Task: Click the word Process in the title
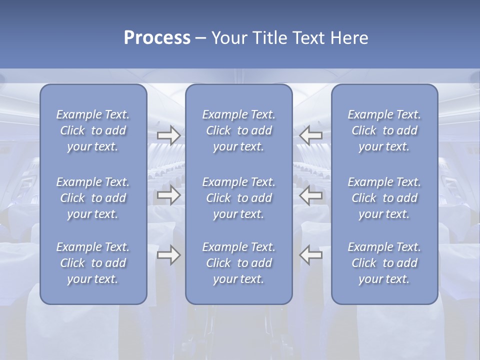[157, 37]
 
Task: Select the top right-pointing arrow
[169, 135]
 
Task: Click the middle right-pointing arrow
[169, 195]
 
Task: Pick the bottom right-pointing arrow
[169, 255]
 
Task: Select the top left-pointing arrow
[311, 135]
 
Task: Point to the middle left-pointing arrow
[311, 195]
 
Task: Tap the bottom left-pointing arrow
[311, 255]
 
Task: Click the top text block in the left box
[93, 130]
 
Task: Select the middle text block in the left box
[93, 198]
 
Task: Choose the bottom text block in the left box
[93, 263]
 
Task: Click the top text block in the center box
[239, 130]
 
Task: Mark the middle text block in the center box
[239, 198]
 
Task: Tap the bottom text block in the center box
[239, 263]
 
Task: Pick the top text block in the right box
[384, 130]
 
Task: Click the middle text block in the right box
[384, 198]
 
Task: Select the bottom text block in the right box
[384, 263]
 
